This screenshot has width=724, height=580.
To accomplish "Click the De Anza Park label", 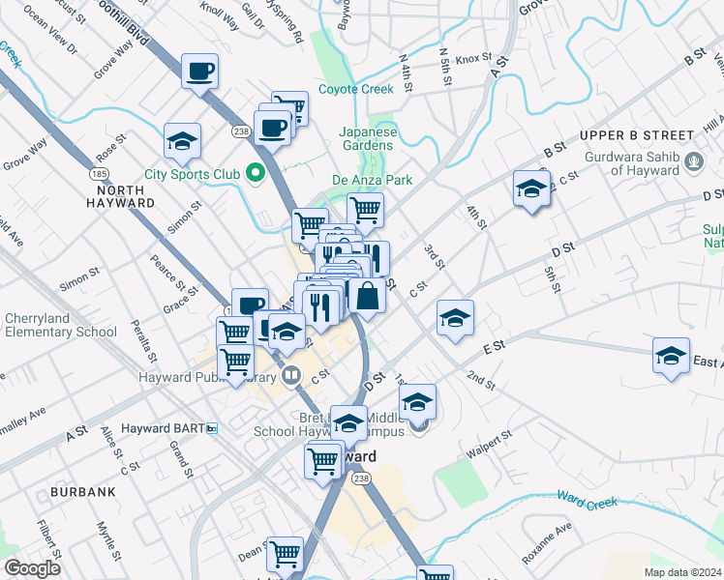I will tap(373, 180).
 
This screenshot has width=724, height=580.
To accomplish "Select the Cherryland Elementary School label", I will tap(61, 325).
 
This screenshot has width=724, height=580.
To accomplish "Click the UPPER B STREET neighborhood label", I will tap(638, 135).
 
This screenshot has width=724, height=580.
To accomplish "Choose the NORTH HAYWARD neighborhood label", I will tap(121, 196).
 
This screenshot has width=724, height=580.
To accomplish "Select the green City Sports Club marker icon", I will tap(256, 174).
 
